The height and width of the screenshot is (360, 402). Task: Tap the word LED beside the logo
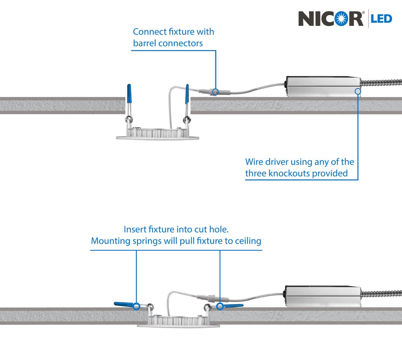click(382, 19)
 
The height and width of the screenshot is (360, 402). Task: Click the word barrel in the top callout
click(145, 43)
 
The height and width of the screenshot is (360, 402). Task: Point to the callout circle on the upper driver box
click(358, 91)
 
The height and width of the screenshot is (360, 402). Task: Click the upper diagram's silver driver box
click(322, 86)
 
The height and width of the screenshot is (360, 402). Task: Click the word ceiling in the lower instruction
click(248, 240)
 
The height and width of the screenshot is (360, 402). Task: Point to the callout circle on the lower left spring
click(136, 306)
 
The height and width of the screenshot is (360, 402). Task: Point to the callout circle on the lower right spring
click(220, 306)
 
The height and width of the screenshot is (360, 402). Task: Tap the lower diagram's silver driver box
click(322, 296)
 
